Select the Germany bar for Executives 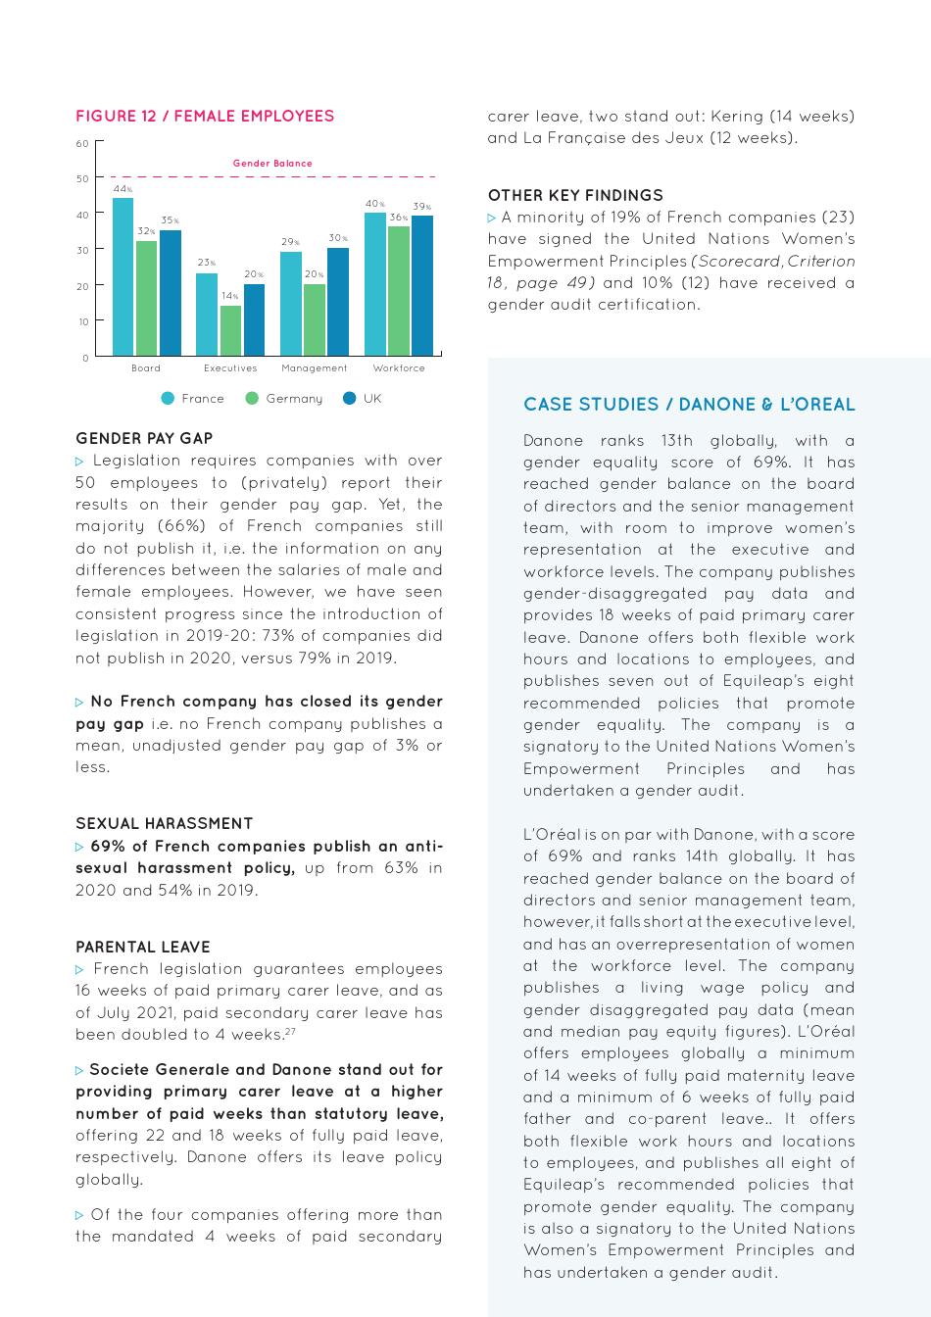[x=230, y=330]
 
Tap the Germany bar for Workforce [x=399, y=291]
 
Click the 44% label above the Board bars [x=122, y=189]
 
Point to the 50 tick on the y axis [x=83, y=179]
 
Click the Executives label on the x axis [x=230, y=368]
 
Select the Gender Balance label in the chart [x=272, y=164]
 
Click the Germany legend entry [x=284, y=399]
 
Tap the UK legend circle [x=350, y=398]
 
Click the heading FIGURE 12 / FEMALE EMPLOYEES [x=205, y=116]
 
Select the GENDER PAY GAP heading [x=144, y=438]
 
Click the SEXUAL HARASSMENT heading [x=164, y=823]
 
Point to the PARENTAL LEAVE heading [x=143, y=947]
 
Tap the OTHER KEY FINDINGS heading [x=575, y=195]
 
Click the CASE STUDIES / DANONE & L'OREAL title [x=689, y=404]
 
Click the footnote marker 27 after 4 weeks [x=290, y=1031]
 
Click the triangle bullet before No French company [x=79, y=703]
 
